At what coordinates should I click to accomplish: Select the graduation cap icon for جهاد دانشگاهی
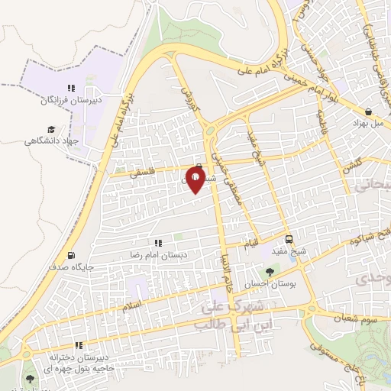point(51,130)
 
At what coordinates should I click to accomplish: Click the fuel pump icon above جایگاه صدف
point(71,256)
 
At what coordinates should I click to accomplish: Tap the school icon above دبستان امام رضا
point(159,244)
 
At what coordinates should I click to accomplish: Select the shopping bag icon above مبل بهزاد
point(369,111)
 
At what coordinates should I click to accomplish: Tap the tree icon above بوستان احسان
point(269,271)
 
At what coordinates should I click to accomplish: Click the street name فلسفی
point(141,173)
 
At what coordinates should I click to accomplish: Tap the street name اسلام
point(131,305)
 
